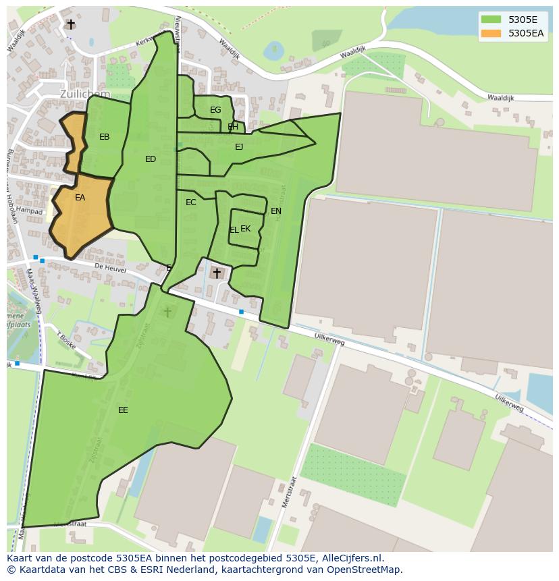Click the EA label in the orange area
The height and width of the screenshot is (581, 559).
click(80, 198)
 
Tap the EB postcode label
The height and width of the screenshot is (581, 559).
click(104, 137)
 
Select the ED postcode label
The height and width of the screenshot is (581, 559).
click(151, 159)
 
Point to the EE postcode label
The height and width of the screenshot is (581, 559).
click(123, 410)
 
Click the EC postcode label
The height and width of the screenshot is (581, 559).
click(191, 202)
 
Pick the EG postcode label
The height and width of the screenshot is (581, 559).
click(215, 110)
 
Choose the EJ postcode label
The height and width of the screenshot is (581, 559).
click(239, 146)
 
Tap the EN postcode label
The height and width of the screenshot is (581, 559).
click(276, 211)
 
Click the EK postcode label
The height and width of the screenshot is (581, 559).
click(246, 229)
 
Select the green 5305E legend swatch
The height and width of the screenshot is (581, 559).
click(491, 19)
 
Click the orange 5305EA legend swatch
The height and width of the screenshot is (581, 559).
click(491, 32)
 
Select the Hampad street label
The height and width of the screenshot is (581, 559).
click(30, 211)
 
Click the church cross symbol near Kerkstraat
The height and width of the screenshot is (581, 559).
click(71, 24)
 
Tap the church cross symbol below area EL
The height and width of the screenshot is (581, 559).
click(217, 273)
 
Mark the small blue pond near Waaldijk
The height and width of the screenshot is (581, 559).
click(274, 49)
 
